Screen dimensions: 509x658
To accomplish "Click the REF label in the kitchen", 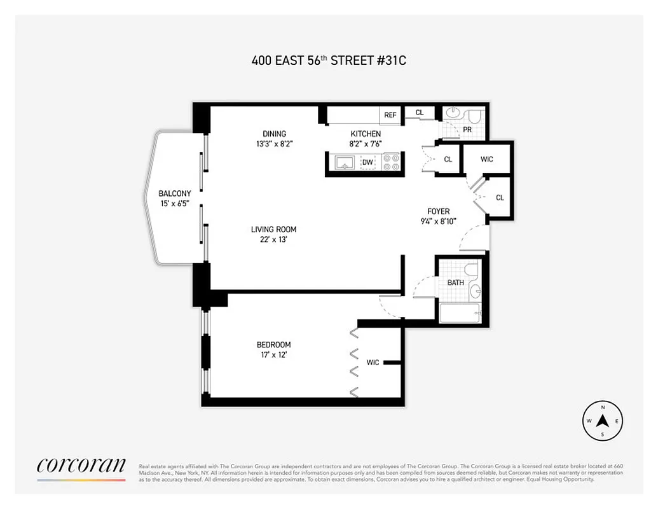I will pyautogui.click(x=390, y=115).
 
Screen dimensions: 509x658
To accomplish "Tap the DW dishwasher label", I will pyautogui.click(x=367, y=163).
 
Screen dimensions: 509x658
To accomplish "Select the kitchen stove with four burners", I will pyautogui.click(x=390, y=163).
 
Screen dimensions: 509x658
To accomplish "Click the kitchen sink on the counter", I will pyautogui.click(x=344, y=163).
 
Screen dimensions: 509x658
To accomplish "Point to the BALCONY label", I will pyautogui.click(x=175, y=193).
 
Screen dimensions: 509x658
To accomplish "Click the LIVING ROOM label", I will pyautogui.click(x=273, y=230).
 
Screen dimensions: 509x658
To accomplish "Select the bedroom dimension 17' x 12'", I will pyautogui.click(x=274, y=355).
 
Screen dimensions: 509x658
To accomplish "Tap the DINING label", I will pyautogui.click(x=275, y=134).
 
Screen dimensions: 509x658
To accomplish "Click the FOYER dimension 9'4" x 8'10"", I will pyautogui.click(x=438, y=221).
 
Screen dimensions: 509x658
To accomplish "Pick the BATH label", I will pyautogui.click(x=455, y=282).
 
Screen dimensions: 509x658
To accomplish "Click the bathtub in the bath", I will pyautogui.click(x=460, y=313).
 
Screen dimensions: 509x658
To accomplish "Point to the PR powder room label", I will pyautogui.click(x=467, y=129).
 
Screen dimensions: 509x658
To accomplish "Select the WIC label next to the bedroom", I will pyautogui.click(x=373, y=363).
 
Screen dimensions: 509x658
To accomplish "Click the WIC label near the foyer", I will pyautogui.click(x=486, y=159).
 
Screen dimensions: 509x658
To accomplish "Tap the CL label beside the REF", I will pyautogui.click(x=420, y=113).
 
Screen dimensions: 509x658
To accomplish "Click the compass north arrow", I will pyautogui.click(x=603, y=421).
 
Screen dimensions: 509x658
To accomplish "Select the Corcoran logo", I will pyautogui.click(x=81, y=466).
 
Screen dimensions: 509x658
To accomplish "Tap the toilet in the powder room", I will pyautogui.click(x=474, y=116).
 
